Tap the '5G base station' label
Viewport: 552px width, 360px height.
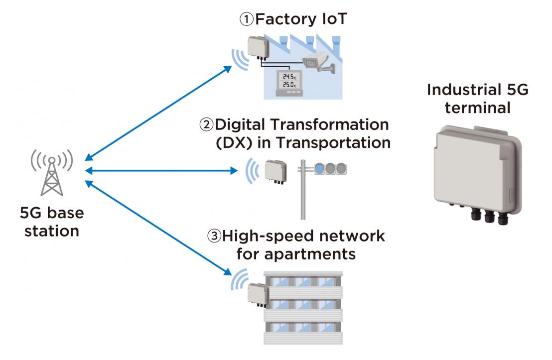(x=52, y=222)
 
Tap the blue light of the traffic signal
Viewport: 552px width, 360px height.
(x=319, y=169)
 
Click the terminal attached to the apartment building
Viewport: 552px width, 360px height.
(x=257, y=293)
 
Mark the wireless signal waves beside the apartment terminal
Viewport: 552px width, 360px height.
(x=238, y=280)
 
